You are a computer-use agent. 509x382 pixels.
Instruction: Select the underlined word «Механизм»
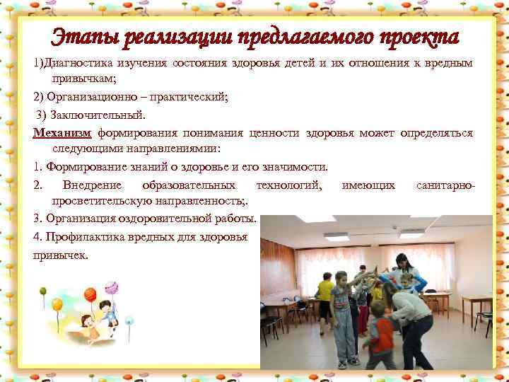[62, 132]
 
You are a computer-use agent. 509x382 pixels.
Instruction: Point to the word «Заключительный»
[106, 114]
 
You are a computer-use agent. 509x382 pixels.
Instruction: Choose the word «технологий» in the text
[289, 185]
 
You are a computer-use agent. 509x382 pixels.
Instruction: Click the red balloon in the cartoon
[90, 294]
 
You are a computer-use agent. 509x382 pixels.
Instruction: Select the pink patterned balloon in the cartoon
[111, 286]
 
